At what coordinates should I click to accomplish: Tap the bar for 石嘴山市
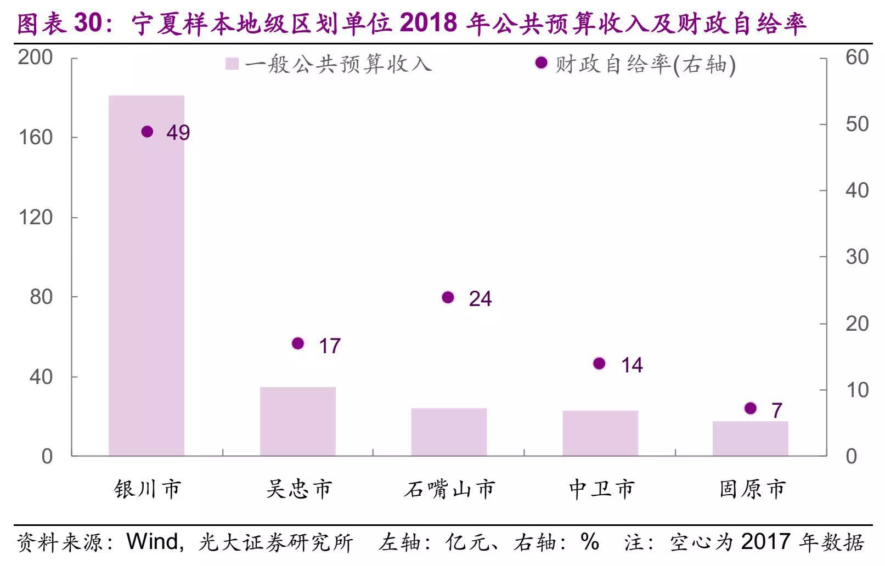pos(449,432)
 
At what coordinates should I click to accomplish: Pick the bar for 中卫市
pos(600,433)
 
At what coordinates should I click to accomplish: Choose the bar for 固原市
pos(750,438)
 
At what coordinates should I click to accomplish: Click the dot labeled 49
pos(147,132)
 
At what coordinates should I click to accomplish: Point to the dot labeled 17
pos(298,344)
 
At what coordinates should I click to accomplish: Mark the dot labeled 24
pos(448,298)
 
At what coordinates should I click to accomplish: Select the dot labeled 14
pos(599,364)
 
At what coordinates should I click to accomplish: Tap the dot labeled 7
pos(751,408)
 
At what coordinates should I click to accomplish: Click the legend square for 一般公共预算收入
pos(232,64)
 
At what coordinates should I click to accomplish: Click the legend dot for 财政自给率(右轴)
pos(541,63)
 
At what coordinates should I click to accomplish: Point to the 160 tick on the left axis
pos(36,137)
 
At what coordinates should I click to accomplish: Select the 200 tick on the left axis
pos(36,57)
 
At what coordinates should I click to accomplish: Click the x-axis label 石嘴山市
pos(450,489)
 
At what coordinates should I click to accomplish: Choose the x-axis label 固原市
pos(752,489)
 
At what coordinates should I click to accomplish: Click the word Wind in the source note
pos(152,542)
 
